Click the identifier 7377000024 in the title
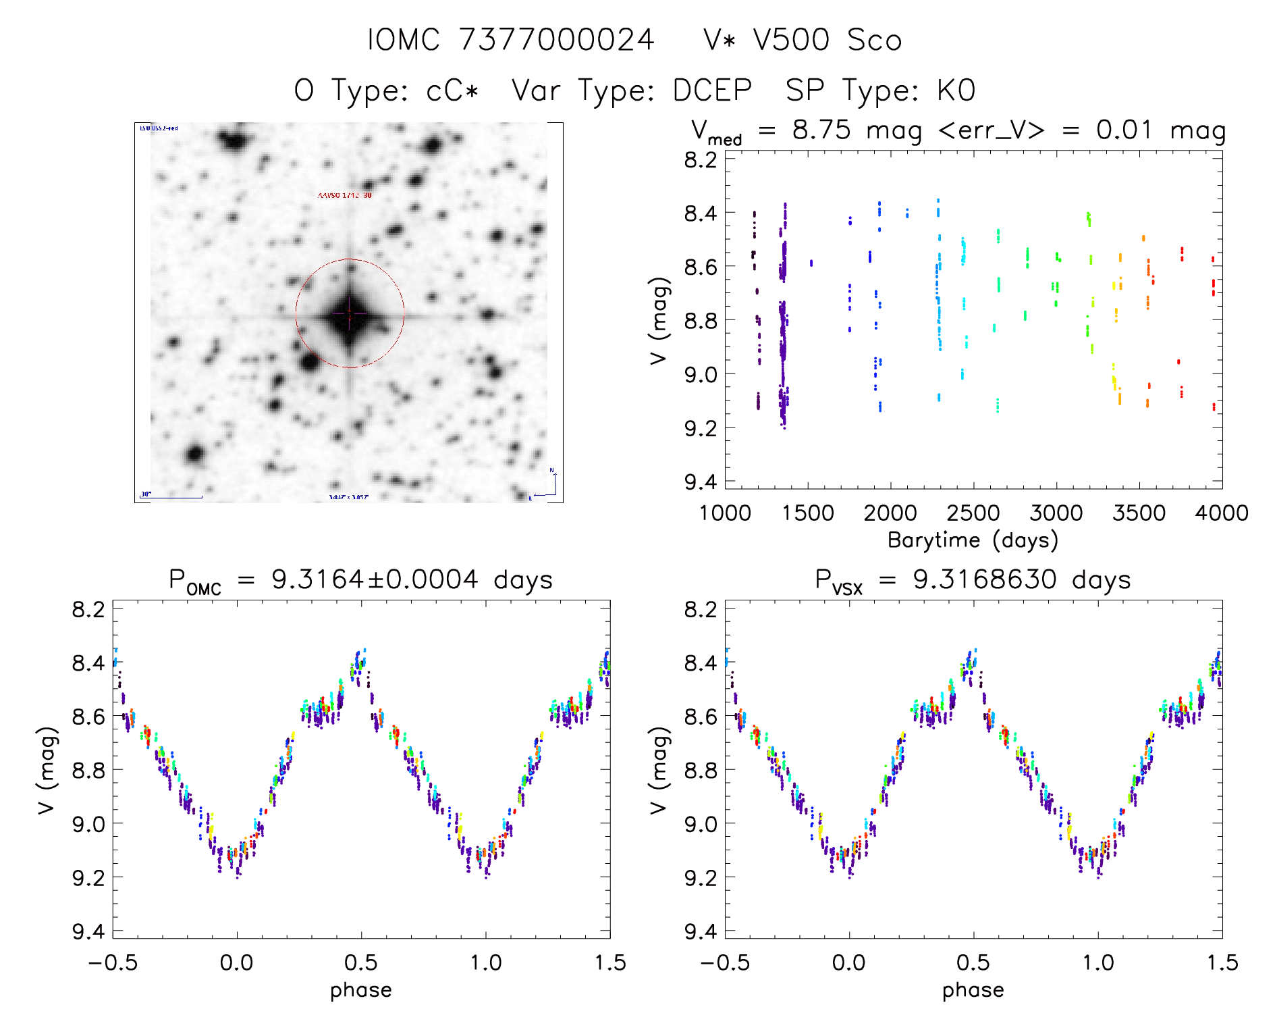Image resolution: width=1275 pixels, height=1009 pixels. coord(556,39)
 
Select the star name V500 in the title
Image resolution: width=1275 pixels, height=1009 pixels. coord(791,39)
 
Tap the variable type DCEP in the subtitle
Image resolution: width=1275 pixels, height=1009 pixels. coord(712,90)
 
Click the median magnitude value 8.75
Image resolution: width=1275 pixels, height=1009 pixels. coord(821,130)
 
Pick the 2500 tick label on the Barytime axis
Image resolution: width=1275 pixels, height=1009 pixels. coord(973,513)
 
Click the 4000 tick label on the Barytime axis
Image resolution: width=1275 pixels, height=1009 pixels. coord(1221,513)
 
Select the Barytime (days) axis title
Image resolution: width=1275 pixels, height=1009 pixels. coord(973,540)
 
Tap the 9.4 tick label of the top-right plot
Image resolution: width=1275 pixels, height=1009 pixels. coord(700,482)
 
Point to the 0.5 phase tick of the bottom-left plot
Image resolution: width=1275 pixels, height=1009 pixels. coord(361,962)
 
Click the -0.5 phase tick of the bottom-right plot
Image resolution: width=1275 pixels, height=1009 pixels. coord(725,962)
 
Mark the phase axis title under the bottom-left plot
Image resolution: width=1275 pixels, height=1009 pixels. coord(361,990)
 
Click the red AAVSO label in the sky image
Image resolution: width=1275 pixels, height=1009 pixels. coord(344,195)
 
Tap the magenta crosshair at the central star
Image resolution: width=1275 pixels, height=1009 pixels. coord(350,313)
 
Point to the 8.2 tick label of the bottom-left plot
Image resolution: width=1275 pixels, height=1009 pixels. coord(88,609)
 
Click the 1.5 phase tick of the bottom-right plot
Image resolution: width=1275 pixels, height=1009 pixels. coord(1222,962)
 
